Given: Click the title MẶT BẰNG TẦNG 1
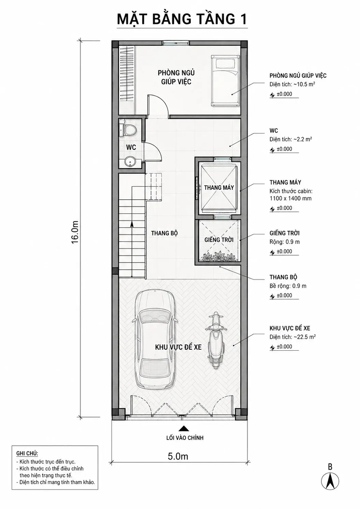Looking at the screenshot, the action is [182, 19].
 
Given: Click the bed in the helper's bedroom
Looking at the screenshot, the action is [225, 81].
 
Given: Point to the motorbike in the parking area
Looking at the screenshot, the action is [215, 341].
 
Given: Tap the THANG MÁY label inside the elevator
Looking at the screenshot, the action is [219, 188].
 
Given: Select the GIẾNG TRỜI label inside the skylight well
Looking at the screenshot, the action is [219, 240].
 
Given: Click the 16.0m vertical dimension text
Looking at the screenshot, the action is [75, 232].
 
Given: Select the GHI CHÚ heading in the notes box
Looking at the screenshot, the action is [27, 453].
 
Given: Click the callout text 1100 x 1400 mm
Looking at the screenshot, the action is [290, 198].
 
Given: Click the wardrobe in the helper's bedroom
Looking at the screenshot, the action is [127, 80].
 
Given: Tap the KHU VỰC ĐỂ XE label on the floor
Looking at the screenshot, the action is [178, 347].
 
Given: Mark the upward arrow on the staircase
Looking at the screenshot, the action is [132, 249].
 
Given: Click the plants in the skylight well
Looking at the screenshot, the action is [219, 256].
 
